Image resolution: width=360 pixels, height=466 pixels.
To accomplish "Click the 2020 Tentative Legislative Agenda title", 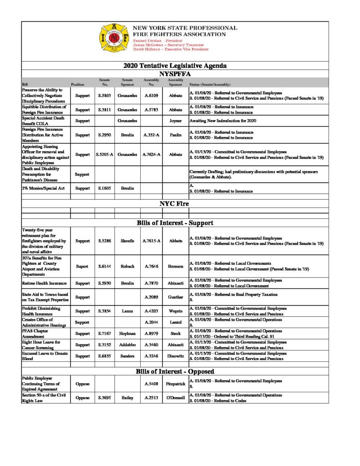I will [x=175, y=66].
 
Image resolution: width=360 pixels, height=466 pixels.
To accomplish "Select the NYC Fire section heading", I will [x=174, y=203].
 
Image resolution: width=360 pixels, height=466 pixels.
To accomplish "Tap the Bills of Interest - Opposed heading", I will [x=175, y=371].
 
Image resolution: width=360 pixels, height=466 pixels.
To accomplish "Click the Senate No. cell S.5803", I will [x=105, y=96].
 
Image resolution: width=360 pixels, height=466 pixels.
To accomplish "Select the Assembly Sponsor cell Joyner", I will [x=175, y=121].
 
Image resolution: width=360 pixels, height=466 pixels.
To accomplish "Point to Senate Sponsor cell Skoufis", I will [x=127, y=241].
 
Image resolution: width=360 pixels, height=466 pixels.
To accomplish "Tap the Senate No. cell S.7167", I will [x=105, y=333].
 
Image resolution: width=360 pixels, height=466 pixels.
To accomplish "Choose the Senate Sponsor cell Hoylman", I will [x=127, y=333].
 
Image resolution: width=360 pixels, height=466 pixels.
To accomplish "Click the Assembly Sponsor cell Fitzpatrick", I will [x=175, y=384].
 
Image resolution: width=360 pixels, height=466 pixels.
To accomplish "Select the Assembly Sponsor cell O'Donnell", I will [x=175, y=398].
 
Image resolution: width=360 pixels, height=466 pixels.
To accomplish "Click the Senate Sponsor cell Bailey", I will [x=127, y=398].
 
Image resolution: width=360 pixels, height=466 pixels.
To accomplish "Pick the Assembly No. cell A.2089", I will [x=151, y=297].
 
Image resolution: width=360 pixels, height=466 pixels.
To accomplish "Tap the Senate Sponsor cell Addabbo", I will [x=127, y=344].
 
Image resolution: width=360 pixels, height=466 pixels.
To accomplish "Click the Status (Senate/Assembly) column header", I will [x=209, y=85].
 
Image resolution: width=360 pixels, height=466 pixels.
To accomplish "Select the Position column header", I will [x=77, y=85].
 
